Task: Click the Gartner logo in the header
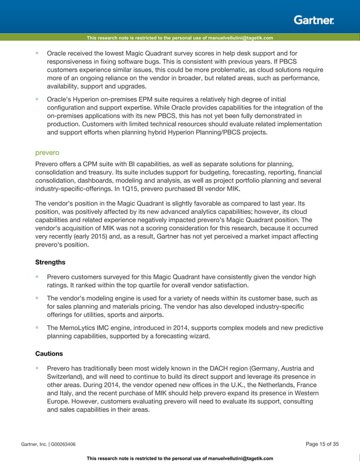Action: click(x=314, y=20)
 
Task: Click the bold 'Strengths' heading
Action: click(x=50, y=262)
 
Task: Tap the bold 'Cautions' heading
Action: click(x=49, y=353)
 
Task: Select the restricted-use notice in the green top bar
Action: click(x=180, y=38)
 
